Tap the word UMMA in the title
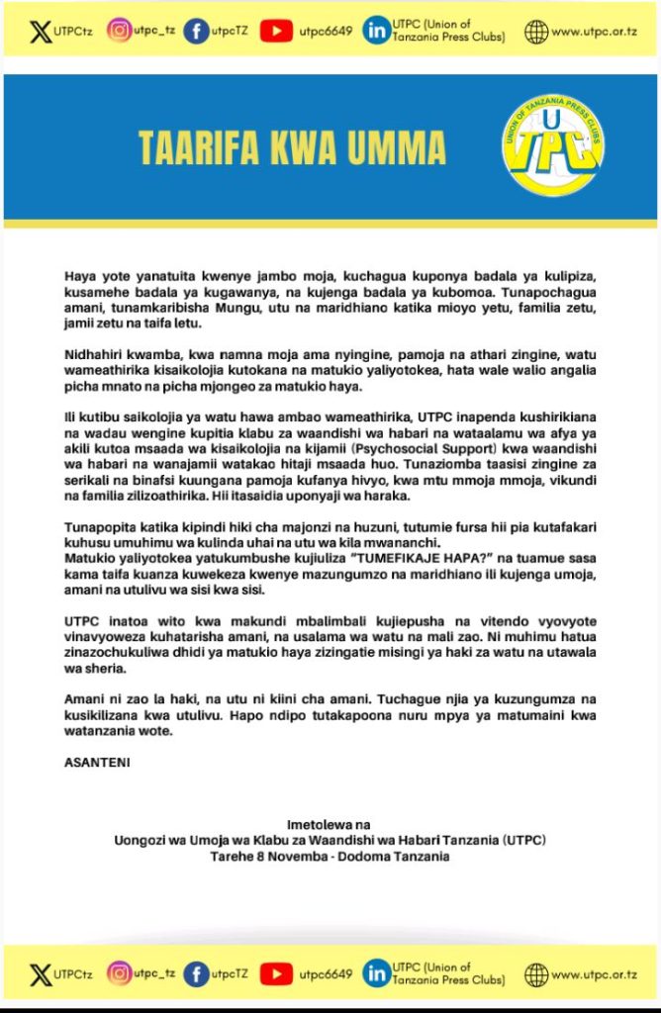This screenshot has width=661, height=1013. pyautogui.click(x=399, y=148)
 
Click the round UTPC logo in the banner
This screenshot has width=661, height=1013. pyautogui.click(x=552, y=146)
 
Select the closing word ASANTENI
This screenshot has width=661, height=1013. pyautogui.click(x=98, y=763)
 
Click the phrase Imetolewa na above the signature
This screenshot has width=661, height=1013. pyautogui.click(x=330, y=824)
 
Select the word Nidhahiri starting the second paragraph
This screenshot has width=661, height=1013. pyautogui.click(x=96, y=354)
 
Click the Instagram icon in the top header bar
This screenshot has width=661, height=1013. pyautogui.click(x=120, y=31)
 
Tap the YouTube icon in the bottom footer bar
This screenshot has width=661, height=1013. pyautogui.click(x=276, y=974)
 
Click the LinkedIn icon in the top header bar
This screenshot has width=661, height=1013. pyautogui.click(x=376, y=31)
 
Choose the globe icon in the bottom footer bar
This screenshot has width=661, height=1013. pyautogui.click(x=536, y=974)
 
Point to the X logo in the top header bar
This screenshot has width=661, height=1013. pyautogui.click(x=40, y=31)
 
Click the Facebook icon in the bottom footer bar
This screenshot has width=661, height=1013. pyautogui.click(x=197, y=974)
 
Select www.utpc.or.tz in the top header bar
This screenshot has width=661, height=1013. pyautogui.click(x=594, y=32)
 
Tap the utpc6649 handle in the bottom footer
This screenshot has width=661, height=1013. pyautogui.click(x=326, y=974)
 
